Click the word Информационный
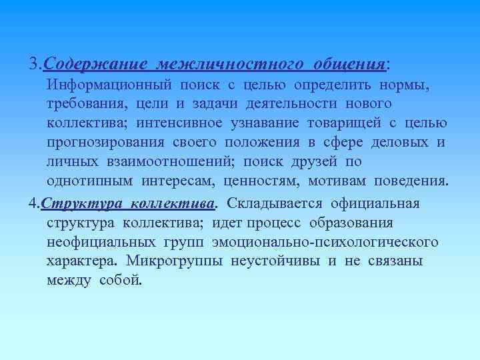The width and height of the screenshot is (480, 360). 110,85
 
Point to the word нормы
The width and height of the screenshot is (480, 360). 405,85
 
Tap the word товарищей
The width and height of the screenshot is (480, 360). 342,124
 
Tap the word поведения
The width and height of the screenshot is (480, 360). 411,182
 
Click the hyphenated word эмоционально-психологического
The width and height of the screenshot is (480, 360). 325,241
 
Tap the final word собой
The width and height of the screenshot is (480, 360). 121,280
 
